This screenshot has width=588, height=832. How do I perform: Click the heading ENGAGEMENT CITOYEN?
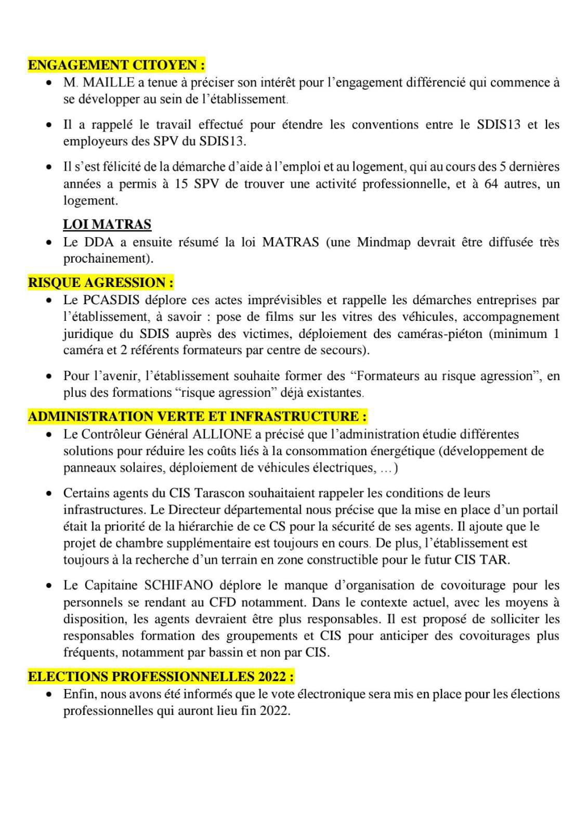pos(116,66)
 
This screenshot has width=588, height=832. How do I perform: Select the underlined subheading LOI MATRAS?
pos(107,225)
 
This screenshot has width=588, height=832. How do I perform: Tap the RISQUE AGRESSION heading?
pos(100,283)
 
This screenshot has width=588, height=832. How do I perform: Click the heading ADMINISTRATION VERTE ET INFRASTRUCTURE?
pos(198,417)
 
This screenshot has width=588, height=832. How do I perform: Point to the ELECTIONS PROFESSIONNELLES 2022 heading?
pos(161,677)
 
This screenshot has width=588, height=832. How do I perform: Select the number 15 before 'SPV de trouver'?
pos(181,184)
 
